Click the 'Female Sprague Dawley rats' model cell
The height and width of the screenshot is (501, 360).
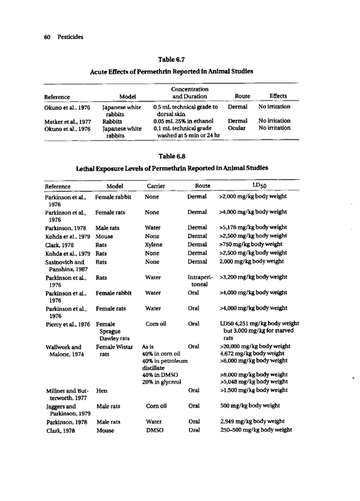point(110,332)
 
